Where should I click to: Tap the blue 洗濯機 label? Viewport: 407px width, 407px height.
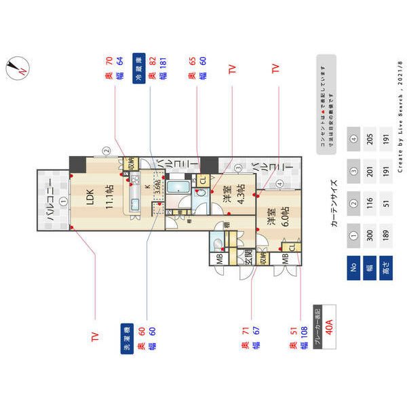pyautogui.click(x=126, y=345)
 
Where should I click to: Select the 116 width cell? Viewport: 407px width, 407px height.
pyautogui.click(x=370, y=202)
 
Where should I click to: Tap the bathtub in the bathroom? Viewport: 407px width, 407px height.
pyautogui.click(x=178, y=187)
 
